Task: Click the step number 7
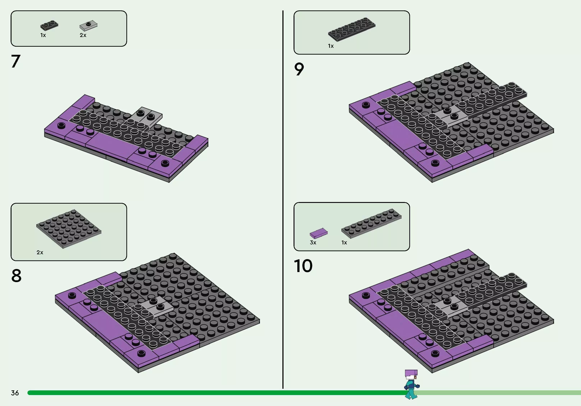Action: click(x=16, y=61)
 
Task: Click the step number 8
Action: click(x=16, y=276)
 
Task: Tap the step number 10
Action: click(x=303, y=266)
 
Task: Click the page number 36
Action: click(x=15, y=393)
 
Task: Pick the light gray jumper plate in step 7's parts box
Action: click(x=88, y=25)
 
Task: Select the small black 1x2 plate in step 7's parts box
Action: click(x=49, y=25)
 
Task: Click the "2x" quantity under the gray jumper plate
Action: click(x=83, y=35)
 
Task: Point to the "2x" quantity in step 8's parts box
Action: click(x=40, y=252)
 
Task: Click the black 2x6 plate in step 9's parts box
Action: click(x=352, y=29)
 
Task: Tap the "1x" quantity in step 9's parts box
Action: click(x=331, y=46)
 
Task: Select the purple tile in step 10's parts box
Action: click(x=319, y=233)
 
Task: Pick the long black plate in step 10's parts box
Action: click(x=371, y=224)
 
